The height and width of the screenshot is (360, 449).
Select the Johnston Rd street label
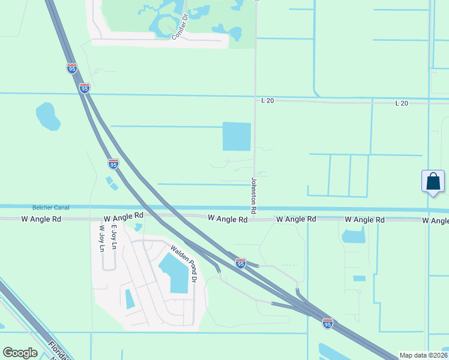[x=254, y=196]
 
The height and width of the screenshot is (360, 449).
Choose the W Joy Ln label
[x=101, y=238]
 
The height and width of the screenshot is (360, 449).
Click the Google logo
[x=20, y=353]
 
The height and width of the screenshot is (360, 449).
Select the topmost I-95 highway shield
[x=72, y=68]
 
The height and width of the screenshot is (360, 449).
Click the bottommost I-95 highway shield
[x=328, y=323]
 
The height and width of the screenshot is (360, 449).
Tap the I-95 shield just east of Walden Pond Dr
[x=240, y=263]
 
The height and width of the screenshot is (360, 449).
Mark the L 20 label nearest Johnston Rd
[x=268, y=101]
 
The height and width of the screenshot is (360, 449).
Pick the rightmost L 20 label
[x=402, y=104]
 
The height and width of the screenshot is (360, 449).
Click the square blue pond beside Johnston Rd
[x=237, y=137]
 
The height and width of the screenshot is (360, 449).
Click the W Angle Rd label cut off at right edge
[x=435, y=221]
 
